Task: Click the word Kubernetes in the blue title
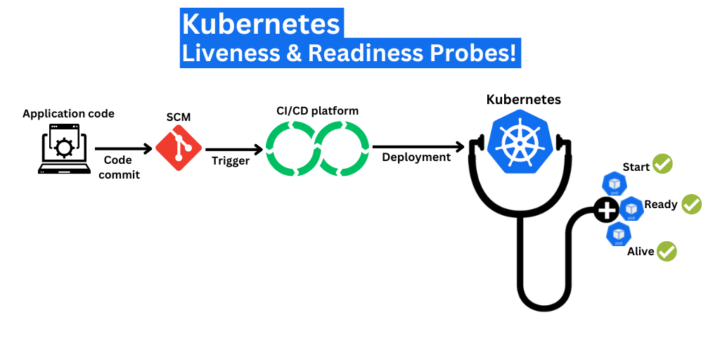[260, 24]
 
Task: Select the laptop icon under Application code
[64, 149]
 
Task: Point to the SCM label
[179, 117]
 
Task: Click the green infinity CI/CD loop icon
[317, 148]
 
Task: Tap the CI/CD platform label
[317, 111]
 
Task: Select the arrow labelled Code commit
[123, 149]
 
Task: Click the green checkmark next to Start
[662, 164]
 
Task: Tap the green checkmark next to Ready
[691, 204]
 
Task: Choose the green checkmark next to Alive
[666, 251]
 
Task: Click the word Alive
[641, 252]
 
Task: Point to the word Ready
[661, 205]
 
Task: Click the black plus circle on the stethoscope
[606, 209]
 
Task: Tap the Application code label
[68, 114]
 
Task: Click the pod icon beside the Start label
[614, 184]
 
